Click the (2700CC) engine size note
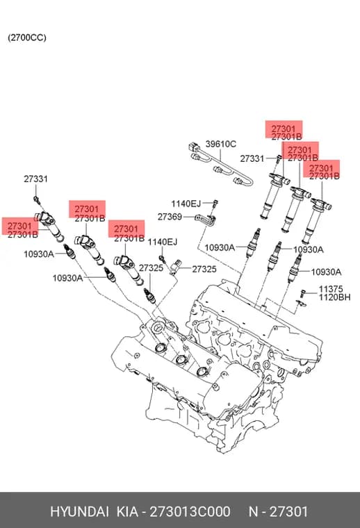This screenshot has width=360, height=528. click(x=27, y=38)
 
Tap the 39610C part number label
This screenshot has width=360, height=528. click(x=221, y=144)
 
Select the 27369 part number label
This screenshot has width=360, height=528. click(x=170, y=217)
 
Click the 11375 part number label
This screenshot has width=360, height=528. click(x=331, y=289)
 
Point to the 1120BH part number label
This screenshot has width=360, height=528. click(x=334, y=297)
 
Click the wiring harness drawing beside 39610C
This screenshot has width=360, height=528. click(x=220, y=165)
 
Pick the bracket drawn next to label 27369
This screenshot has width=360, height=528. click(x=205, y=220)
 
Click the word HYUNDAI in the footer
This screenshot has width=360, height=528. click(x=79, y=511)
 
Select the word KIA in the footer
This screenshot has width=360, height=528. click(x=127, y=511)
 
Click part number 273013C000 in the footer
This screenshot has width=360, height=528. click(x=190, y=511)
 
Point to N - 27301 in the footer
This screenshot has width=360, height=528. click(x=278, y=511)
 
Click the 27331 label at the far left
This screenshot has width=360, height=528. click(x=35, y=179)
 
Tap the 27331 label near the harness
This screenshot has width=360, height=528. click(x=252, y=158)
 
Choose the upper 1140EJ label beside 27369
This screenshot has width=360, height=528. click(x=186, y=204)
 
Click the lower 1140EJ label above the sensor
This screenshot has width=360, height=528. click(x=163, y=242)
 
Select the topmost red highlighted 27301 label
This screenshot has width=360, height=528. click(x=284, y=129)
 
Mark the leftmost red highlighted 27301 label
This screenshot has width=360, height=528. click(x=19, y=226)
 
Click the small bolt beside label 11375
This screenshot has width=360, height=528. click(x=302, y=293)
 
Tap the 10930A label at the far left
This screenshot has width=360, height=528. click(x=39, y=254)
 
